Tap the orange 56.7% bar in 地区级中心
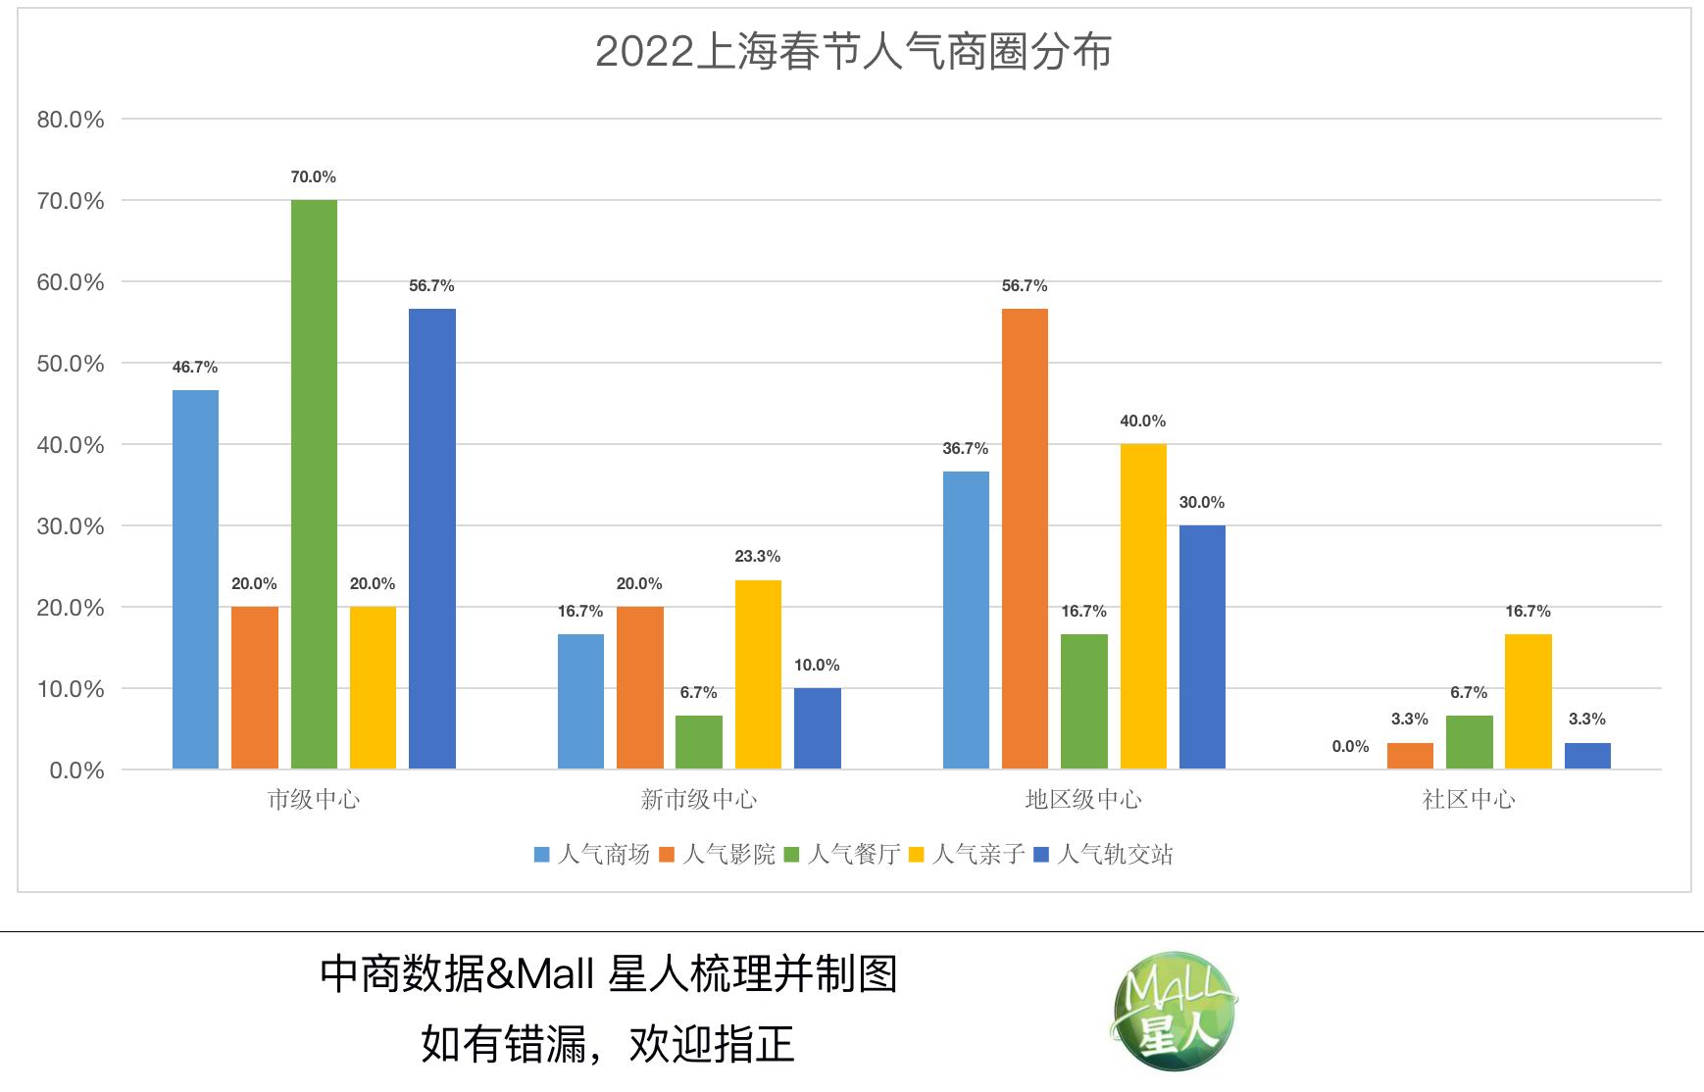pos(1025,538)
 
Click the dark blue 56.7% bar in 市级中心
pos(432,538)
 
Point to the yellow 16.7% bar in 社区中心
pos(1528,701)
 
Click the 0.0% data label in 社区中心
pos(1350,747)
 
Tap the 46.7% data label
pos(195,368)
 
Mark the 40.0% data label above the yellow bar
pos(1142,422)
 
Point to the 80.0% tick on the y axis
pos(71,120)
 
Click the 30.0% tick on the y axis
pos(71,526)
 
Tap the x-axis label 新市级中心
pos(698,800)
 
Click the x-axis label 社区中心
pos(1468,800)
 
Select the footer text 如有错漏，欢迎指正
pos(607,1045)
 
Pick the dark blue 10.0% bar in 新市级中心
pos(817,728)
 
